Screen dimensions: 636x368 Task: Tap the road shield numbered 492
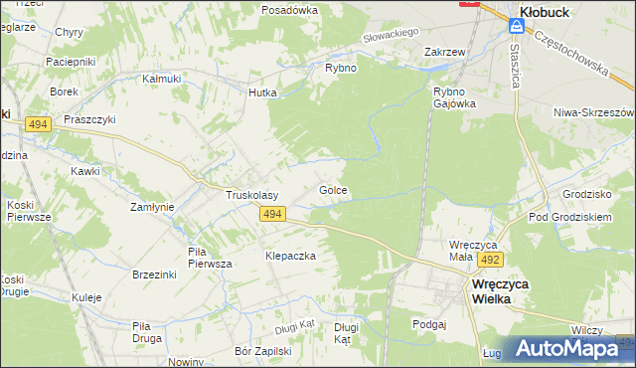tap(488, 260)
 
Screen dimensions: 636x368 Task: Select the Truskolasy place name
tap(251, 196)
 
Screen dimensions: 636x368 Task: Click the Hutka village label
tap(262, 92)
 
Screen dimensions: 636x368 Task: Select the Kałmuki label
tap(160, 78)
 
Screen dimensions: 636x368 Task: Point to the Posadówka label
tap(289, 9)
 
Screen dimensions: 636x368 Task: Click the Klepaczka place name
tap(290, 256)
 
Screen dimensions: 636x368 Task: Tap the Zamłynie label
tap(153, 207)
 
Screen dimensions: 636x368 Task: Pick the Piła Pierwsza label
tap(210, 258)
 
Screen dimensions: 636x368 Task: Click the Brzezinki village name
tap(153, 275)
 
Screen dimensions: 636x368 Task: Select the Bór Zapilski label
tap(262, 351)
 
